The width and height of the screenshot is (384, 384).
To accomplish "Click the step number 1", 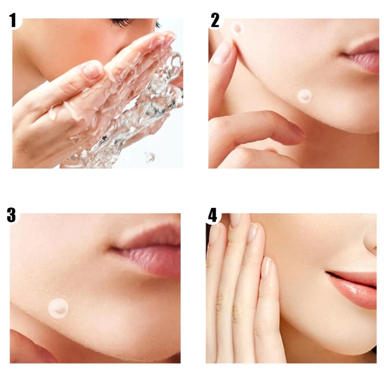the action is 13,20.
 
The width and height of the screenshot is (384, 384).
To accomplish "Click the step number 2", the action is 215,20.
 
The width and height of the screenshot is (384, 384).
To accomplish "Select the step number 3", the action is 11,215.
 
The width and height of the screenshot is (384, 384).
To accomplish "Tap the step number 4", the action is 212,215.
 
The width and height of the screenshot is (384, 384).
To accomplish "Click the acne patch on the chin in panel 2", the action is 305,96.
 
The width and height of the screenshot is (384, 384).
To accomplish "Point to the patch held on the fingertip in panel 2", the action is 238,28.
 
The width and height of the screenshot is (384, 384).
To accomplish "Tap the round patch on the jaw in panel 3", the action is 58,308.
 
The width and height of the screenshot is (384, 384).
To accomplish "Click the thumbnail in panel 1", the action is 92,70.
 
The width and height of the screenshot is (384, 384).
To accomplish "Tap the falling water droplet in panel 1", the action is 150,157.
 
